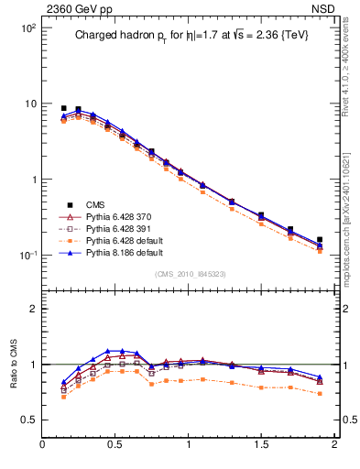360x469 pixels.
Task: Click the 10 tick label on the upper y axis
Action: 29,104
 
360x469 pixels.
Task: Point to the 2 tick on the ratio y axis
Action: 32,309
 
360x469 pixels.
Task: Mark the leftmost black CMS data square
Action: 63,108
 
